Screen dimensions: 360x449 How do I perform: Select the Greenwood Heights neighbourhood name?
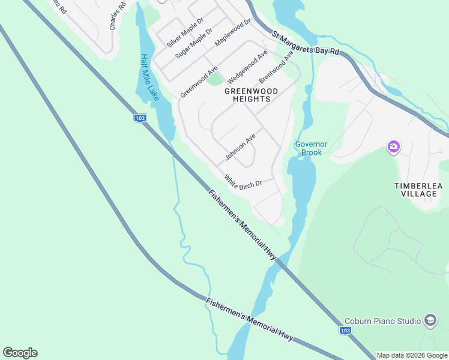[x=252, y=95]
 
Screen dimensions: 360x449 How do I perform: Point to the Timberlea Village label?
[x=419, y=190]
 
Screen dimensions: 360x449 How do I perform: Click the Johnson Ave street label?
[x=241, y=147]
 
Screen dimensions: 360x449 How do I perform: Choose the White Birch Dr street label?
[x=243, y=181]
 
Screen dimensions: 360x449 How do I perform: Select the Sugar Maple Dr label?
[x=194, y=43]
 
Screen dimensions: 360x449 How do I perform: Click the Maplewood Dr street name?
[x=232, y=34]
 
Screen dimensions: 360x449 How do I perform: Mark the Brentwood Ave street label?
[x=276, y=67]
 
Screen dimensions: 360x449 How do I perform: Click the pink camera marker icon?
[x=394, y=146]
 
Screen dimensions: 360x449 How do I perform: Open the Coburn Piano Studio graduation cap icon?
[x=430, y=321]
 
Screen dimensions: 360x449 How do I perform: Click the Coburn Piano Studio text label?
[x=382, y=322]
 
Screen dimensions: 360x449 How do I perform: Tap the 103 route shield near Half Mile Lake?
[x=140, y=118]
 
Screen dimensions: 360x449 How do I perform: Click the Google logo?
[x=20, y=353]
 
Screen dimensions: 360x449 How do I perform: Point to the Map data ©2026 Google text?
[x=412, y=355]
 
